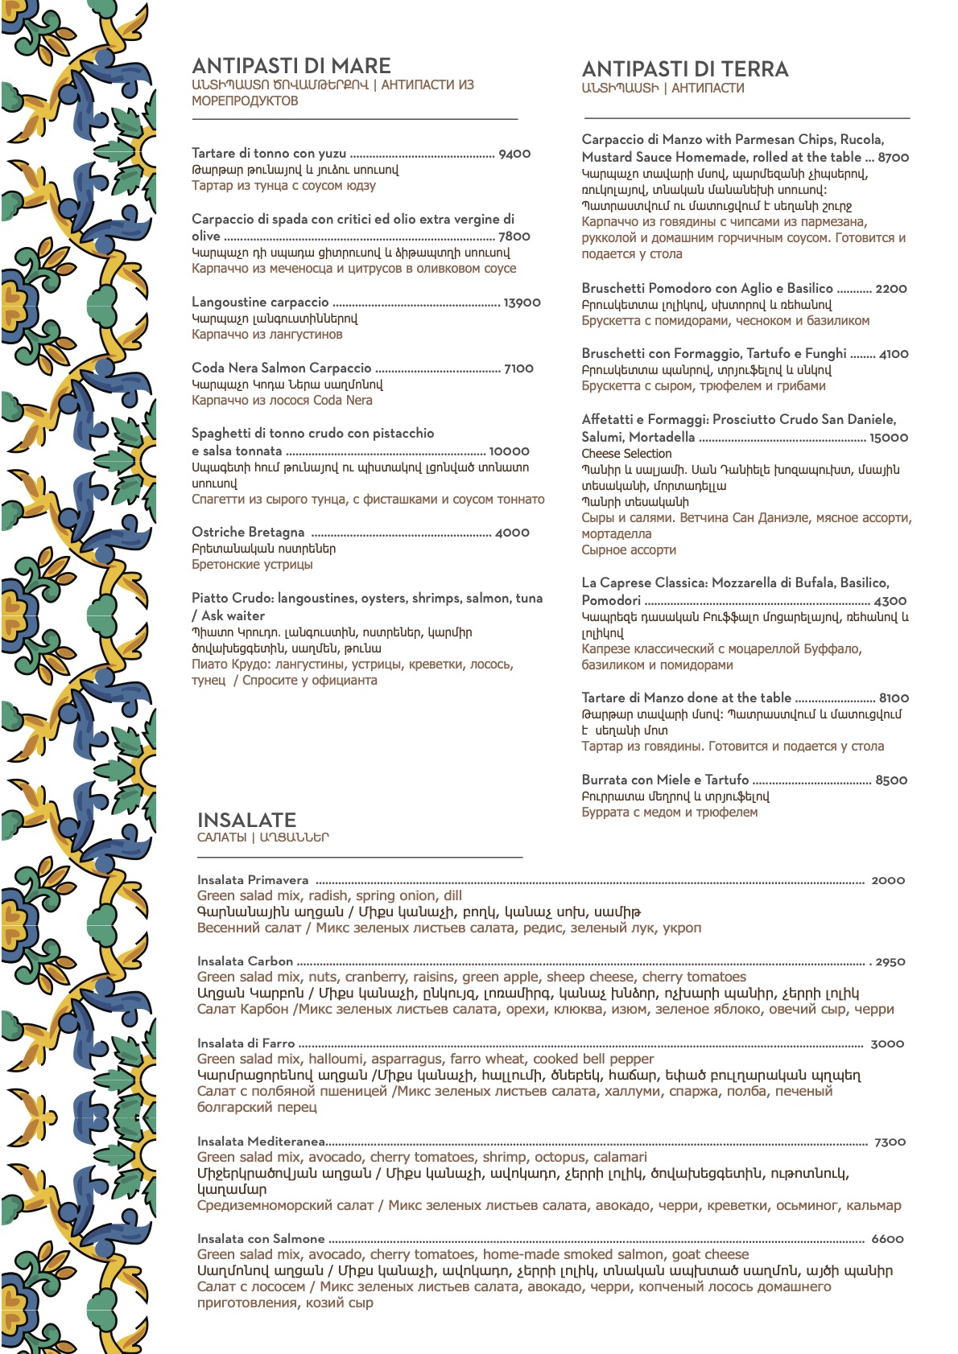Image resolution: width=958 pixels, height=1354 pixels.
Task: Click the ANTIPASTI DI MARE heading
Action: tap(291, 66)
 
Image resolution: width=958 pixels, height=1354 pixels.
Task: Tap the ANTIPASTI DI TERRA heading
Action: tap(685, 69)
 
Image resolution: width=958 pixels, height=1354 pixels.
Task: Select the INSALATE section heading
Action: tap(246, 820)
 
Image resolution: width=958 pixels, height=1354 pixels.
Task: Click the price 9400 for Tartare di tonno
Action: tap(514, 154)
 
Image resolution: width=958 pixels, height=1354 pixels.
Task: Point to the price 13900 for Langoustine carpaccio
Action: tap(522, 302)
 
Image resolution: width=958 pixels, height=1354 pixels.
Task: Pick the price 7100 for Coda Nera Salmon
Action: tap(518, 368)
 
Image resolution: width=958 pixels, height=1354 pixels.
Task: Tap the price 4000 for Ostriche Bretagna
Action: tap(512, 533)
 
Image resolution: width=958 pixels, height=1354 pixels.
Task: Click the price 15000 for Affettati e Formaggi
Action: tap(889, 438)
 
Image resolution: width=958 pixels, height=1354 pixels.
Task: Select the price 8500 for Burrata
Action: tap(891, 780)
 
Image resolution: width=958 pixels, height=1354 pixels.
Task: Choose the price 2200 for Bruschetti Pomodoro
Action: tap(891, 289)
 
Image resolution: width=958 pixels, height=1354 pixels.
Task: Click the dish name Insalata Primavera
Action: tap(253, 880)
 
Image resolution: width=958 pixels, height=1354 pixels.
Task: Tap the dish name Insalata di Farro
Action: tap(246, 1043)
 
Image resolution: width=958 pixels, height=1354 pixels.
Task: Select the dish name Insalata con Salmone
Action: tap(261, 1239)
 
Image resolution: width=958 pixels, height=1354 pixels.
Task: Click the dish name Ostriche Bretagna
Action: tap(248, 533)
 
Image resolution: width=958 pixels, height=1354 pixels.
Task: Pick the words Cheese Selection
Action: tap(626, 454)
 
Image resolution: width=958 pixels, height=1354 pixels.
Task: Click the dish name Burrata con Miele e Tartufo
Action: tap(665, 780)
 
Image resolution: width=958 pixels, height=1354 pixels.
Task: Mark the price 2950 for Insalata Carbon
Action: tap(890, 962)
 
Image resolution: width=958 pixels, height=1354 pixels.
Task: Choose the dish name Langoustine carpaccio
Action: tap(260, 302)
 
